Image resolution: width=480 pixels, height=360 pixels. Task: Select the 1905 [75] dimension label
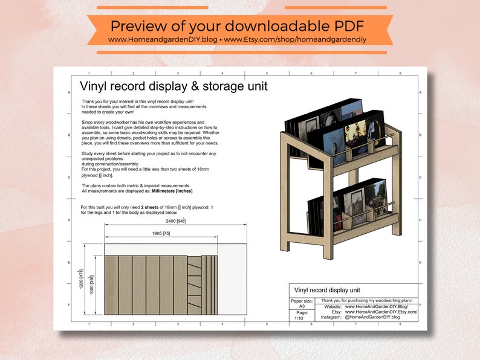(158, 233)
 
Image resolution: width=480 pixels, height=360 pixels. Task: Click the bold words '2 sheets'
(154, 207)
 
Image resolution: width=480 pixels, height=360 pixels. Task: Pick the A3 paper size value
(302, 306)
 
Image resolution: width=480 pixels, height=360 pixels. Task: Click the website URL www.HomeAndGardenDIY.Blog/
(381, 306)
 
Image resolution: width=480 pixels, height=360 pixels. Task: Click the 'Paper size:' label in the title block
(302, 300)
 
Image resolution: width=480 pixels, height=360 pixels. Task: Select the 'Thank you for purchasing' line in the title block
(366, 300)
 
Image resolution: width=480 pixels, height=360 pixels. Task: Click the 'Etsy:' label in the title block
(336, 312)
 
